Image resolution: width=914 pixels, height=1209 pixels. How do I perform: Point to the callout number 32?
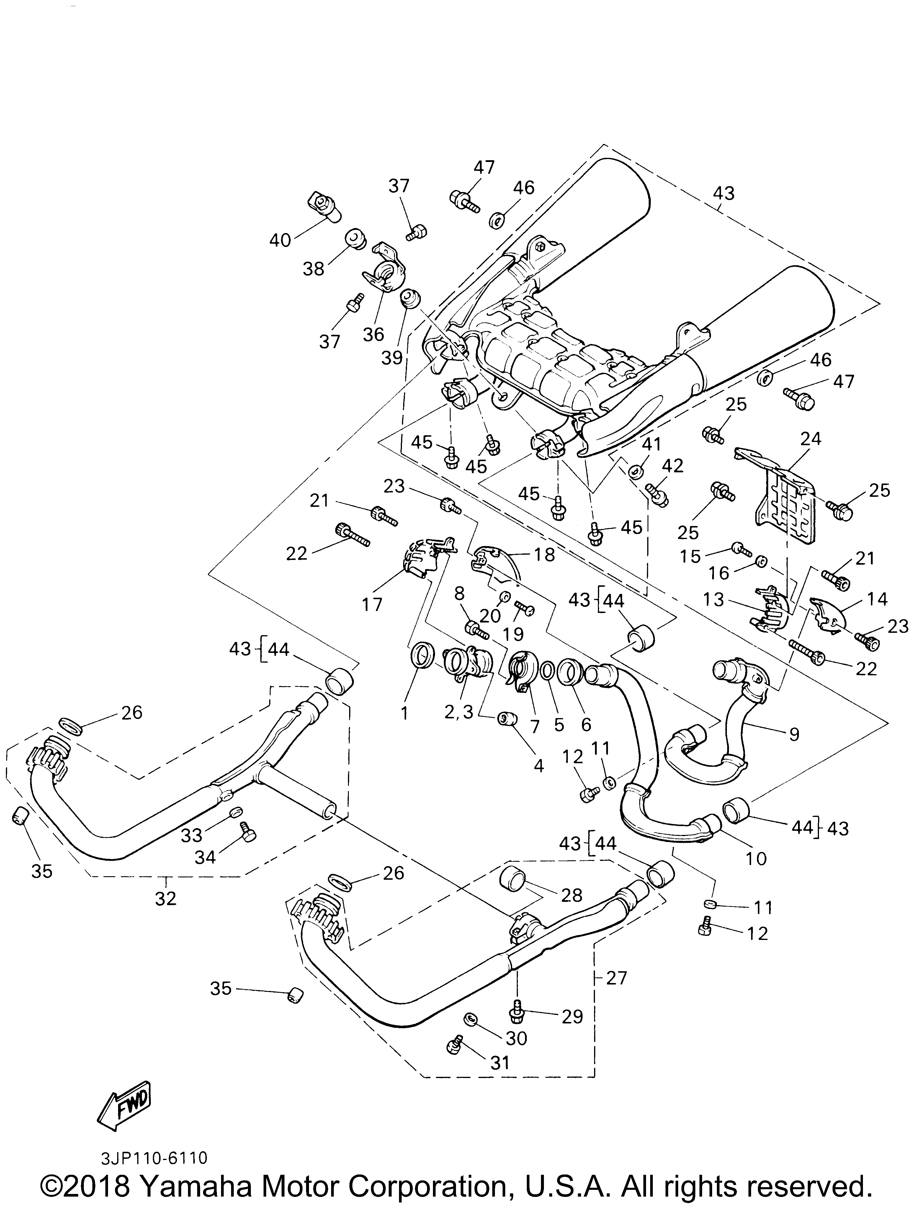(x=166, y=898)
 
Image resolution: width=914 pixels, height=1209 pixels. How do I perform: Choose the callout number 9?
(x=794, y=734)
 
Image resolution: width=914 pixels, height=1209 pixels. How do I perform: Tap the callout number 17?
(x=372, y=604)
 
